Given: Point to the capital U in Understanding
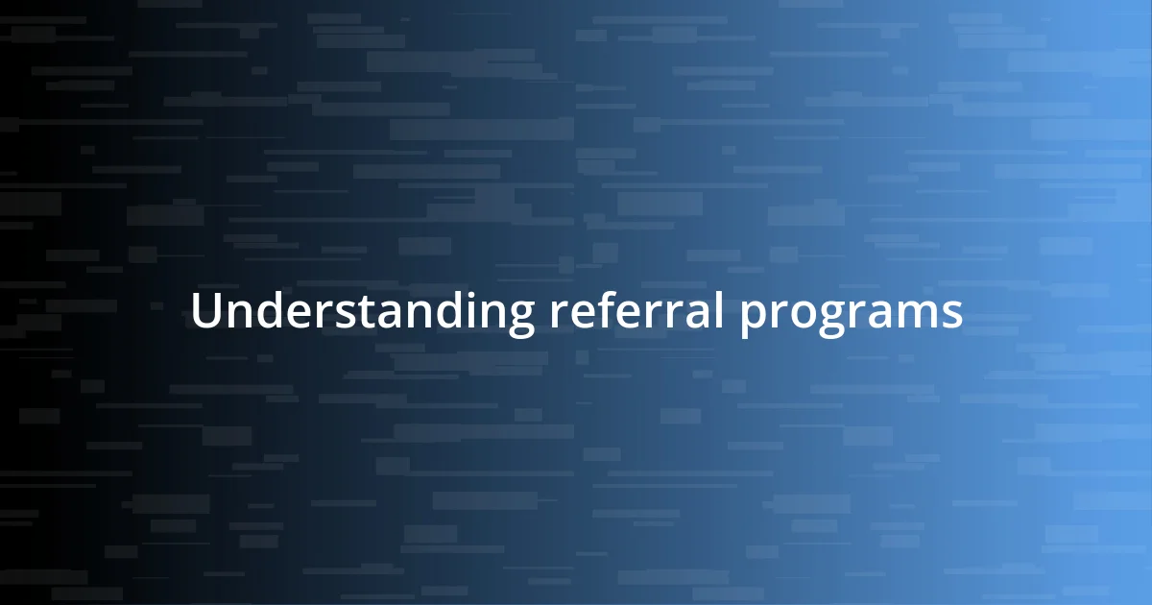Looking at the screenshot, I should pyautogui.click(x=205, y=312).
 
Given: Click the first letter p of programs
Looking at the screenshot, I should pyautogui.click(x=752, y=318).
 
